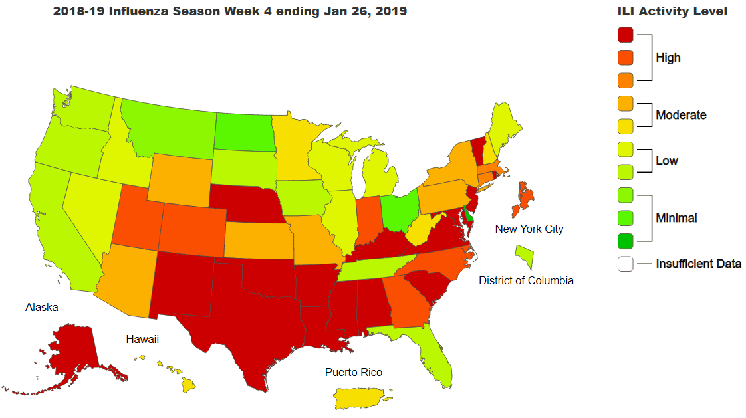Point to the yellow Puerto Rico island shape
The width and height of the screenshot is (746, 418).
point(358,398)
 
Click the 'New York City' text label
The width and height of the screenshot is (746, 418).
point(529,229)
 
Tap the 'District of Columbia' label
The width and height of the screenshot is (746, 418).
point(526,280)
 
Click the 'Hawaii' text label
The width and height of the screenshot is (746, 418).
point(142,340)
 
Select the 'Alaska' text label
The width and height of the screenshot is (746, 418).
point(42,307)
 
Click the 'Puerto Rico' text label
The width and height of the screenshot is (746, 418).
point(354,372)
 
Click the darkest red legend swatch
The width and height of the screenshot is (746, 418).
point(625,35)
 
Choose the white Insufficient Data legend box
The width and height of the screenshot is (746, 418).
point(625,264)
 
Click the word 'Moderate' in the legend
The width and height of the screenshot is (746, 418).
point(681,115)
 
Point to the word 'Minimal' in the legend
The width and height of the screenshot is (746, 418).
point(676,218)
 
